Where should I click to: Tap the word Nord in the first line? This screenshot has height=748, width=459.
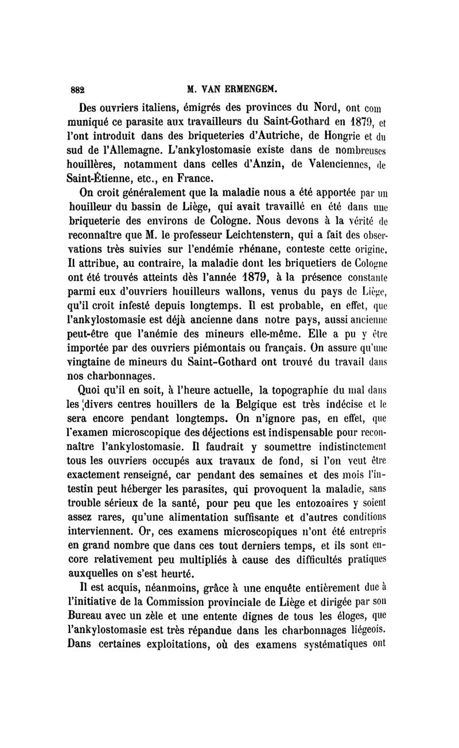pyautogui.click(x=328, y=107)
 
